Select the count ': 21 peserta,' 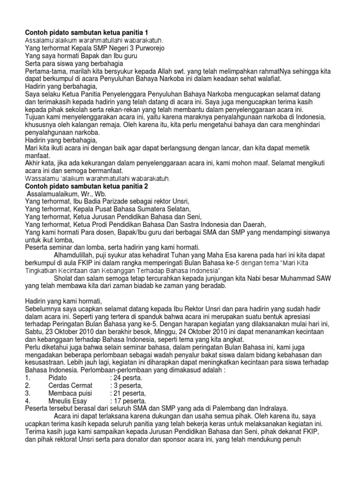coord(128,393)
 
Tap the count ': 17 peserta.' coord(128,401)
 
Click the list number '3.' coord(28,393)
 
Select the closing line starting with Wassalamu coord(97,179)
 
